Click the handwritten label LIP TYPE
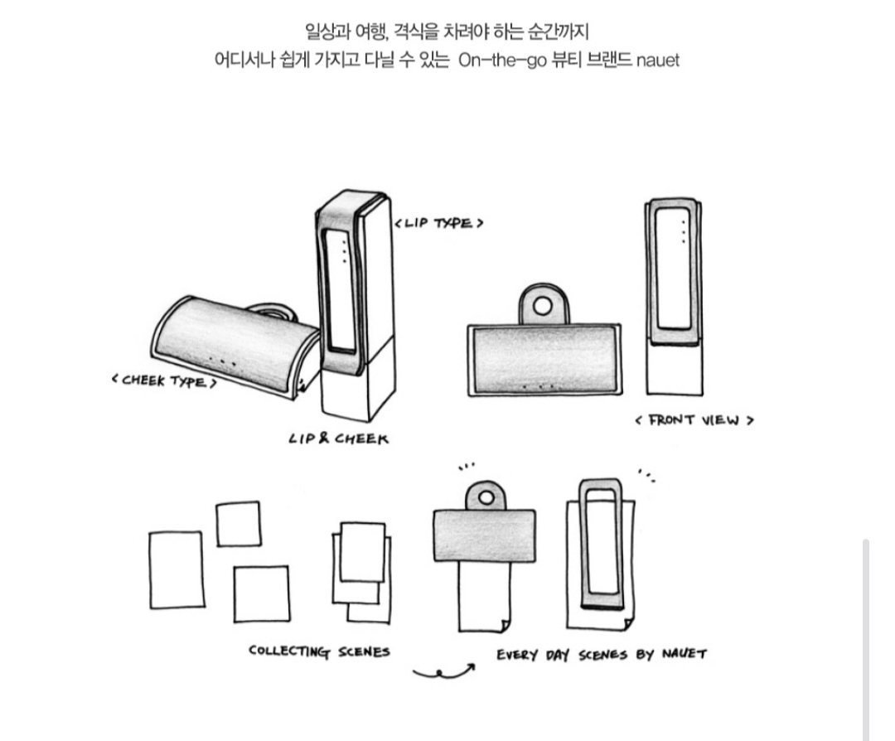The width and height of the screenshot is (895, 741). pyautogui.click(x=439, y=223)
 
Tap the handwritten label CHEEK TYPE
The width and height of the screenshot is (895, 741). pyautogui.click(x=164, y=380)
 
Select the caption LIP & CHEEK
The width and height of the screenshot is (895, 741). pyautogui.click(x=338, y=438)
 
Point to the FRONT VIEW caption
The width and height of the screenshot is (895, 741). pyautogui.click(x=694, y=420)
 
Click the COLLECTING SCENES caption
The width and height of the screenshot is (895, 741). pyautogui.click(x=320, y=651)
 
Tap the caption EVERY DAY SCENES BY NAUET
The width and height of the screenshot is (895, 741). pyautogui.click(x=602, y=654)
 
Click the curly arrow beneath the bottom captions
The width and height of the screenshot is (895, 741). pyautogui.click(x=443, y=672)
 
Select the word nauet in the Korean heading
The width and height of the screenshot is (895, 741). pyautogui.click(x=657, y=60)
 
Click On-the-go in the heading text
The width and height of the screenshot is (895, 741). pyautogui.click(x=502, y=60)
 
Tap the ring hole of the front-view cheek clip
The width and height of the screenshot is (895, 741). pyautogui.click(x=543, y=306)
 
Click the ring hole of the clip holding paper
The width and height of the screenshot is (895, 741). pyautogui.click(x=486, y=497)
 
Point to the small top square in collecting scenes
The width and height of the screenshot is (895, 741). pyautogui.click(x=239, y=524)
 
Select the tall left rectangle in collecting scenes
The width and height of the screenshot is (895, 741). pyautogui.click(x=177, y=570)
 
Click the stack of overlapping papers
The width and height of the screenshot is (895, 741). pyautogui.click(x=362, y=572)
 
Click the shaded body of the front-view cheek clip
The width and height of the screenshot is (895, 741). pyautogui.click(x=544, y=361)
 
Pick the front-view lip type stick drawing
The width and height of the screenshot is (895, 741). pyautogui.click(x=674, y=297)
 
